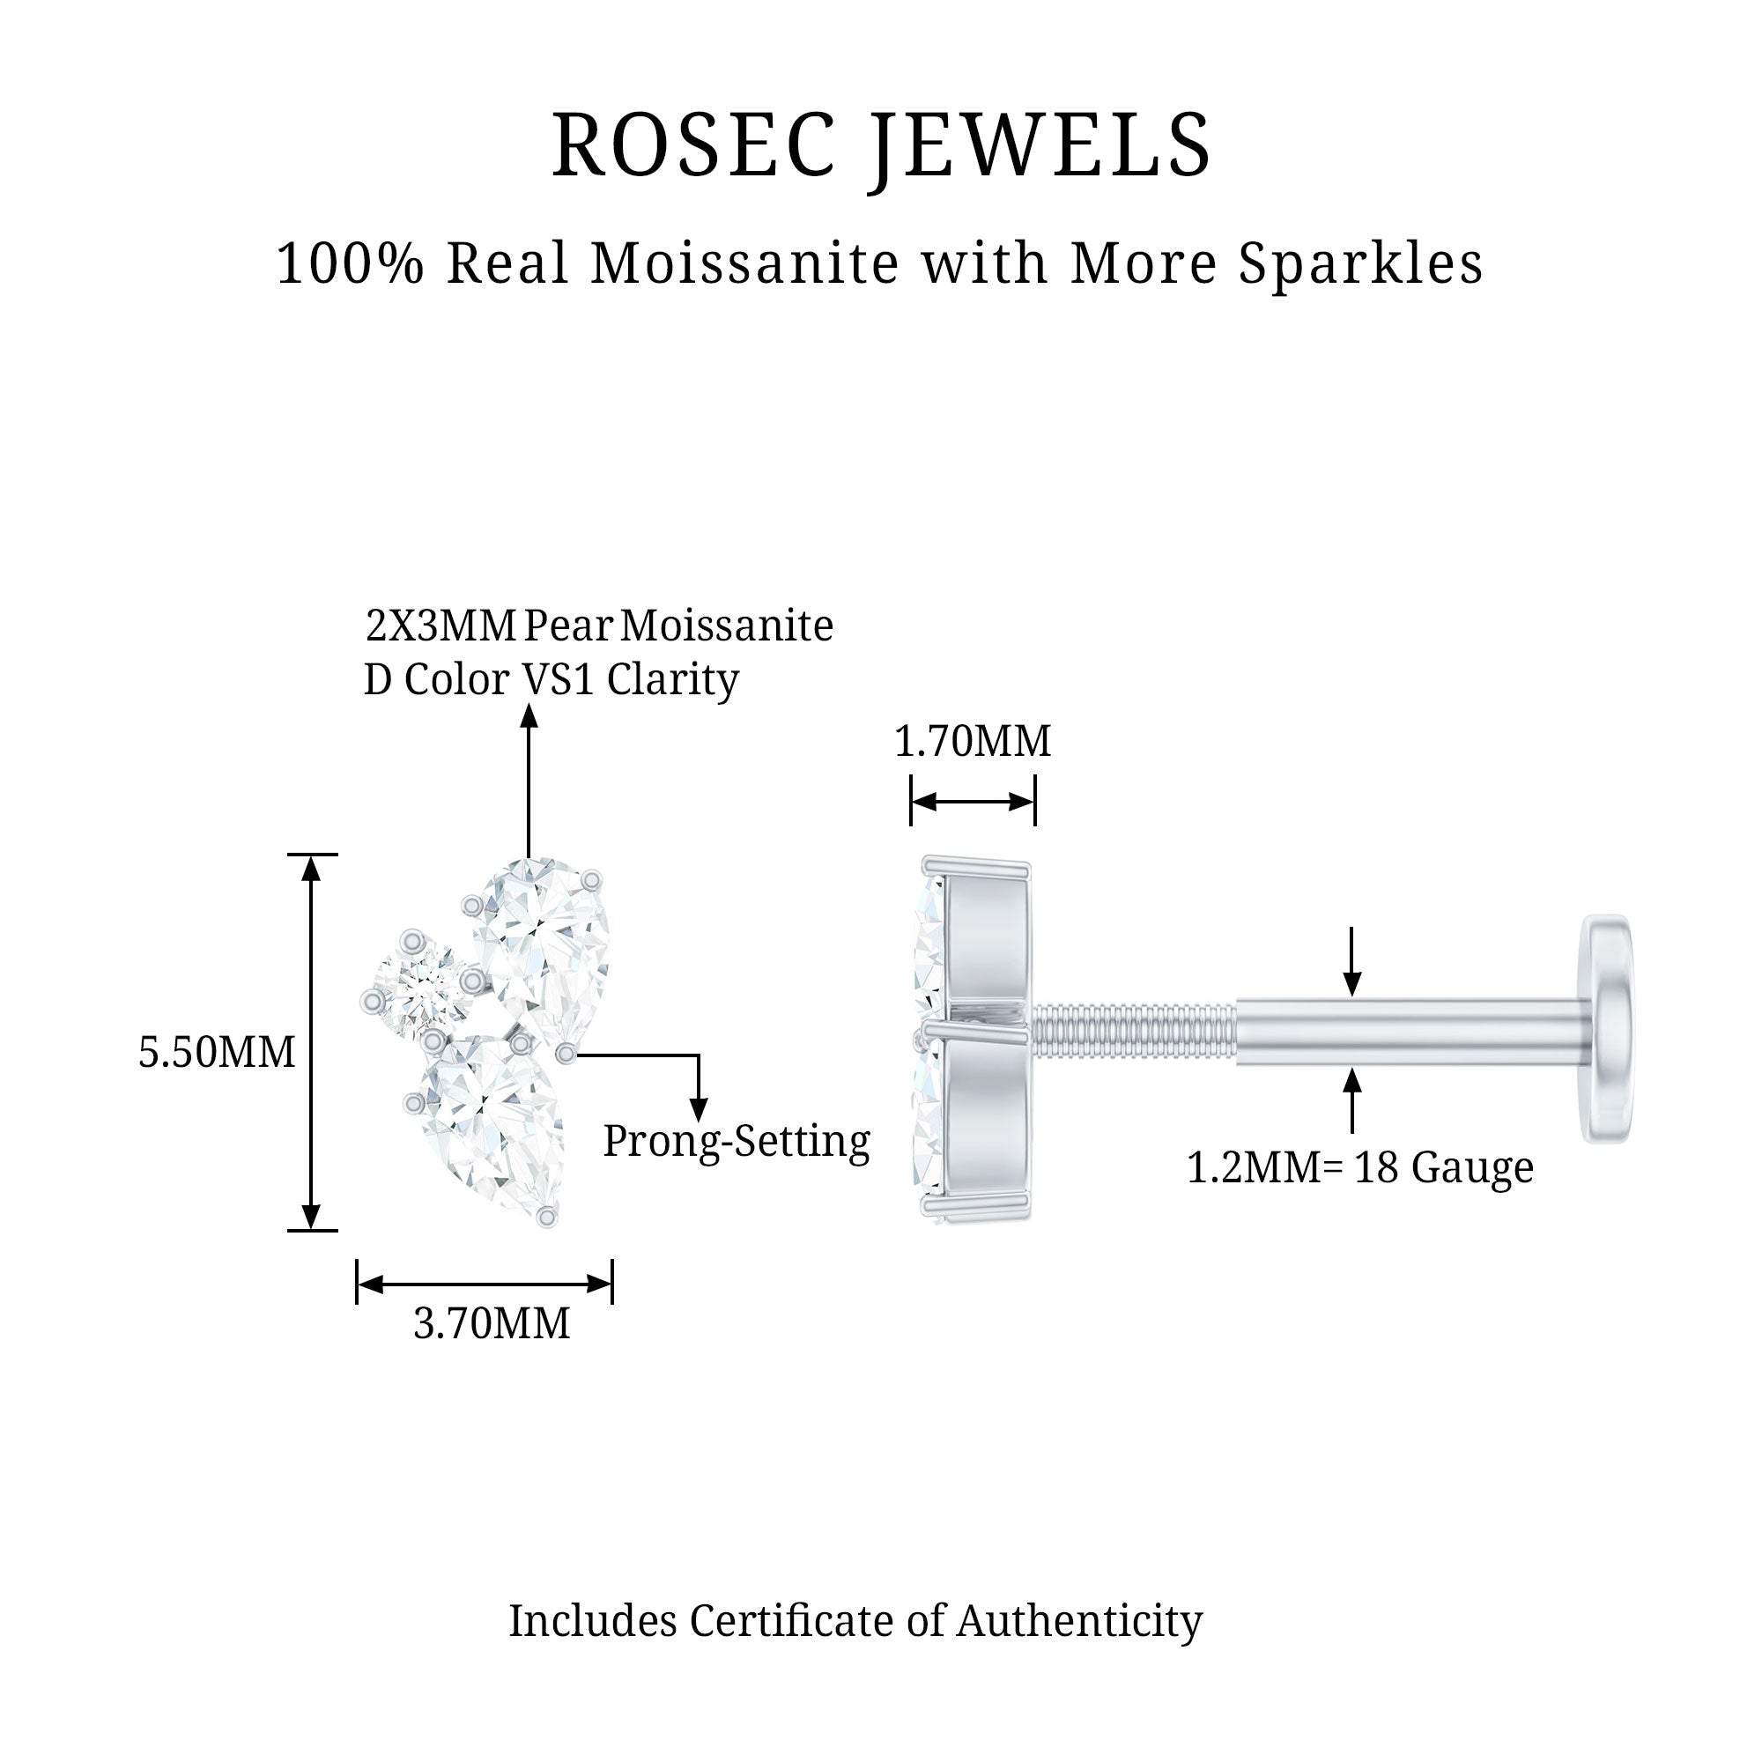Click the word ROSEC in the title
point(693,146)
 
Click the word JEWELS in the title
point(1039,146)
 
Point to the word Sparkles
point(1359,263)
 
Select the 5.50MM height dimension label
point(216,1052)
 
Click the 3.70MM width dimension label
point(492,1322)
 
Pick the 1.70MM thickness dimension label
point(973,741)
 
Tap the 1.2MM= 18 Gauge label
point(1359,1167)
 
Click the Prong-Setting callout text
point(737,1141)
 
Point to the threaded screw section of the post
point(1135,1030)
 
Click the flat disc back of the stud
point(1607,1028)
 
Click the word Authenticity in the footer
point(1079,1621)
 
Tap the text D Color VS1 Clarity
point(551,679)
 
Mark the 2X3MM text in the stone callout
point(441,626)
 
